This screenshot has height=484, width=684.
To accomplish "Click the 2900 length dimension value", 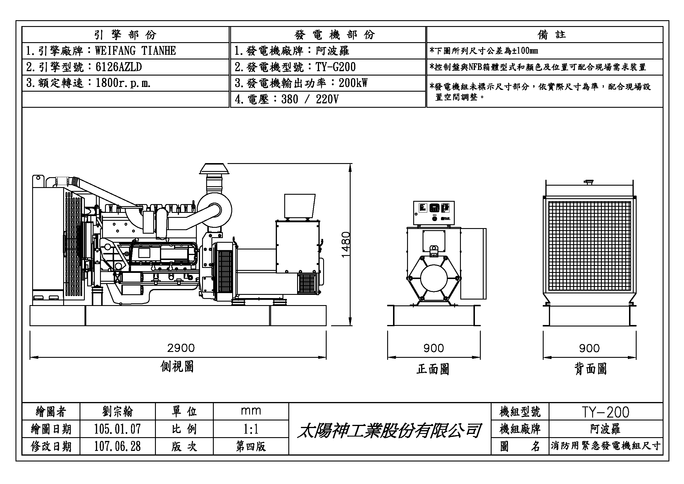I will coord(181,348).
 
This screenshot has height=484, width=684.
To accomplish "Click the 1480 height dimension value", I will coord(346,245).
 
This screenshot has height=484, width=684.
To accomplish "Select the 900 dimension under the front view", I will coord(433,348).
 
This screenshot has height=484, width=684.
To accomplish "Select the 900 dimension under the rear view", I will coord(589,348).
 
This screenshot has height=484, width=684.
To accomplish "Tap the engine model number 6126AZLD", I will coord(118,67).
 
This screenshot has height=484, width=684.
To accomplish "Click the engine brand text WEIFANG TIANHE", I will coord(135,51).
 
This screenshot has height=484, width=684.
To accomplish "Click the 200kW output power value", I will coord(353,83).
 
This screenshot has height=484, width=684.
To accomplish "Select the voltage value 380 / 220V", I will coord(310,99).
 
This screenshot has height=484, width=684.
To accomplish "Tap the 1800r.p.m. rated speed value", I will coord(123,83).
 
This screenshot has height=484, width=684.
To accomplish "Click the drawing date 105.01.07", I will coord(117,429).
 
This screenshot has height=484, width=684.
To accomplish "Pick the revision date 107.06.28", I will coord(117,447).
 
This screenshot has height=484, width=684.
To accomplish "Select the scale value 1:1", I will coord(251,429).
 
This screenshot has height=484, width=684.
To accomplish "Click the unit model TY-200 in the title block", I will coord(605,412).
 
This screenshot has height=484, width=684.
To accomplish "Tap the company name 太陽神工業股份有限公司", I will coord(389,431).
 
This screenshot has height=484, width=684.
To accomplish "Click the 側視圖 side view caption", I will coord(177,367).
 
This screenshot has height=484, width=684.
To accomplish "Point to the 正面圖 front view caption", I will coord(433,369).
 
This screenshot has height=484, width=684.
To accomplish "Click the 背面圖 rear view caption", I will coord(590,369).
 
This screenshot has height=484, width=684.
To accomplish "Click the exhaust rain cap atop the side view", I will coord(214,168).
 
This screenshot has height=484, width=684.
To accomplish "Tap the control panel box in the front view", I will coord(433,213).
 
